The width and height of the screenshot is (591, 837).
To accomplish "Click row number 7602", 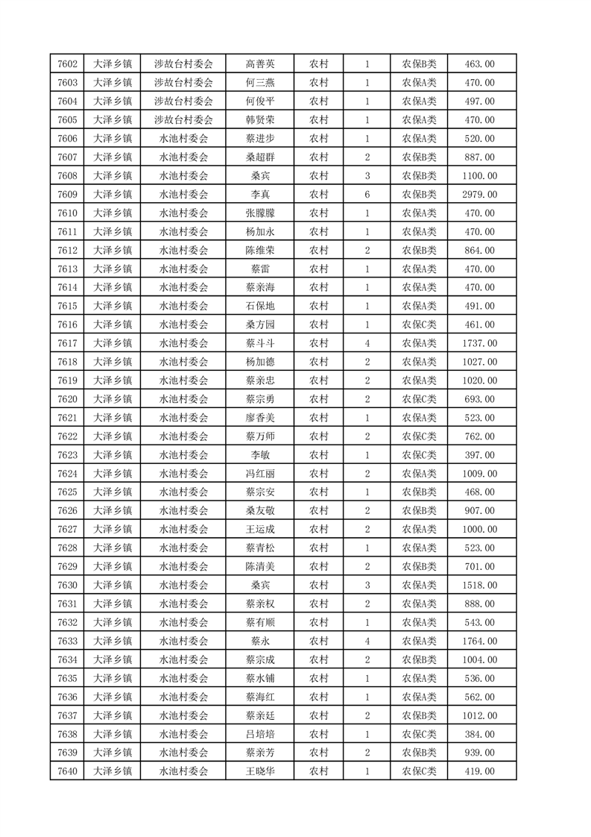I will [x=68, y=64].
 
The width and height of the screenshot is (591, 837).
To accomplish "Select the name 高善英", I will [x=259, y=64].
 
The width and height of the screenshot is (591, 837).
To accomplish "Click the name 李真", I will [x=259, y=194].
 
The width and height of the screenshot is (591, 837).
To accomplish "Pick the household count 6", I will [x=367, y=194].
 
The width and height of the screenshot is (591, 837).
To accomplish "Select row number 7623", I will [x=68, y=455].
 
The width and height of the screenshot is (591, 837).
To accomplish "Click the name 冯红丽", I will [x=259, y=474].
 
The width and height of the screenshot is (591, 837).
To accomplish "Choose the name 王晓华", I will [x=259, y=771].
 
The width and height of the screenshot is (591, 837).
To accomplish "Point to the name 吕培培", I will [x=259, y=734].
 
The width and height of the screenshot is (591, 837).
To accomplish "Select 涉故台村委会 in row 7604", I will [x=183, y=101].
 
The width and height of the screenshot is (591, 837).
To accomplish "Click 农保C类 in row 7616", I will [x=420, y=325].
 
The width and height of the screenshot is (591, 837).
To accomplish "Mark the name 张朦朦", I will [x=259, y=213].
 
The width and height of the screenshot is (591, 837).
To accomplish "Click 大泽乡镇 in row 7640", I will [x=113, y=771].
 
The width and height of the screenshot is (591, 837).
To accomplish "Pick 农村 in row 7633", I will [x=318, y=641].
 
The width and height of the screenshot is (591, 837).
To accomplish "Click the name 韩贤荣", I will [x=259, y=120].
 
